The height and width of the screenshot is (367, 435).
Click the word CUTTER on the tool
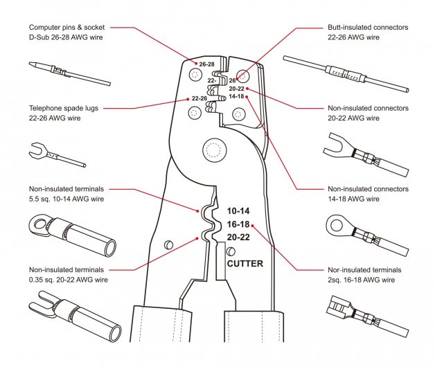point(245,263)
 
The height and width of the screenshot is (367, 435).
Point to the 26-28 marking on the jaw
point(206,64)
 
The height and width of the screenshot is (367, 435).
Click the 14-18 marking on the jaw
point(236,97)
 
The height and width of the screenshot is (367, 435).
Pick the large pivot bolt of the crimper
point(210,149)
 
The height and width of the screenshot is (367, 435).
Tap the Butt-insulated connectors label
point(367,27)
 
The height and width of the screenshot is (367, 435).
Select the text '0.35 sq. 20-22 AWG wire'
point(68,279)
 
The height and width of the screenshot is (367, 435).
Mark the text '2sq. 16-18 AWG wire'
point(361,279)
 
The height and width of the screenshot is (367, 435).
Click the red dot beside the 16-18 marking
point(254,224)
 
